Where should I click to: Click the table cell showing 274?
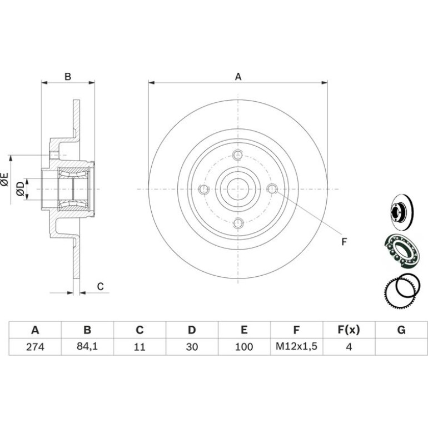pos(35,347)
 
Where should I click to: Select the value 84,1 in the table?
pos(87,346)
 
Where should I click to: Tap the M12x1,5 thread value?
pos(296,346)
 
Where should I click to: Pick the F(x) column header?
pos(349,330)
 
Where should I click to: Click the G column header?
pos(401,330)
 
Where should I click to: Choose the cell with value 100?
pos(244,347)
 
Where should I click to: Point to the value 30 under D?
pos(192,347)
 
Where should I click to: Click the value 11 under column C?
pos(139,347)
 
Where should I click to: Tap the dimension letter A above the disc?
pos(238,77)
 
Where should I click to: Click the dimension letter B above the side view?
pos(68,77)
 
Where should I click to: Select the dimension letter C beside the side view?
pos(101,286)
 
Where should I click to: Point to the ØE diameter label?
pos(5,180)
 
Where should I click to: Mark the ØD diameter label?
pos(20,189)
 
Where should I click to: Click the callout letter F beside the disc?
pos(344,242)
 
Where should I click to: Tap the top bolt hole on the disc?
pos(238,155)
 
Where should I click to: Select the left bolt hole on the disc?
pos(204,189)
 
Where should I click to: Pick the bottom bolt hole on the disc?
pos(238,223)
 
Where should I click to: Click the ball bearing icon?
pos(401,250)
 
